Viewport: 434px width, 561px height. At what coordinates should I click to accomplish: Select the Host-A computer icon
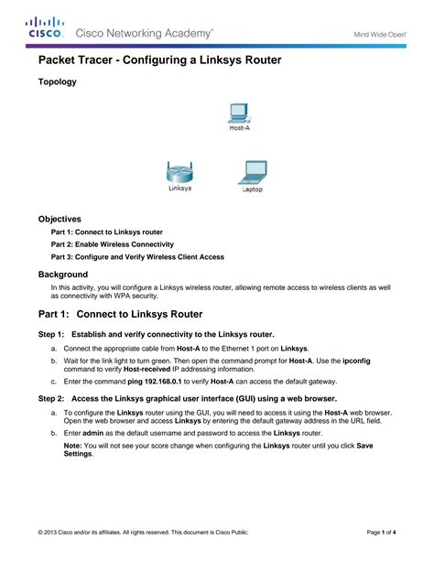(238, 115)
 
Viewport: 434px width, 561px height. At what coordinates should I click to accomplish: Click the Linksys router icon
(180, 174)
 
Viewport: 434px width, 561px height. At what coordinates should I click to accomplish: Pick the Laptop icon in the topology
(253, 175)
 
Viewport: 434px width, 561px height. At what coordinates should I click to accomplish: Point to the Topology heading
(57, 81)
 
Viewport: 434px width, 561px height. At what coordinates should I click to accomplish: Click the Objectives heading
(60, 220)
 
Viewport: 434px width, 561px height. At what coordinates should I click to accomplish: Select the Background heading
(62, 274)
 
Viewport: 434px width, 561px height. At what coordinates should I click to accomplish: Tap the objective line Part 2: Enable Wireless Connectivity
(112, 244)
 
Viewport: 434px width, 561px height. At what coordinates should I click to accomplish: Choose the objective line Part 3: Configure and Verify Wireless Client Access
(137, 257)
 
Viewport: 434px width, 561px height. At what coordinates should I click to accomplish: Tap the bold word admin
(93, 431)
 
